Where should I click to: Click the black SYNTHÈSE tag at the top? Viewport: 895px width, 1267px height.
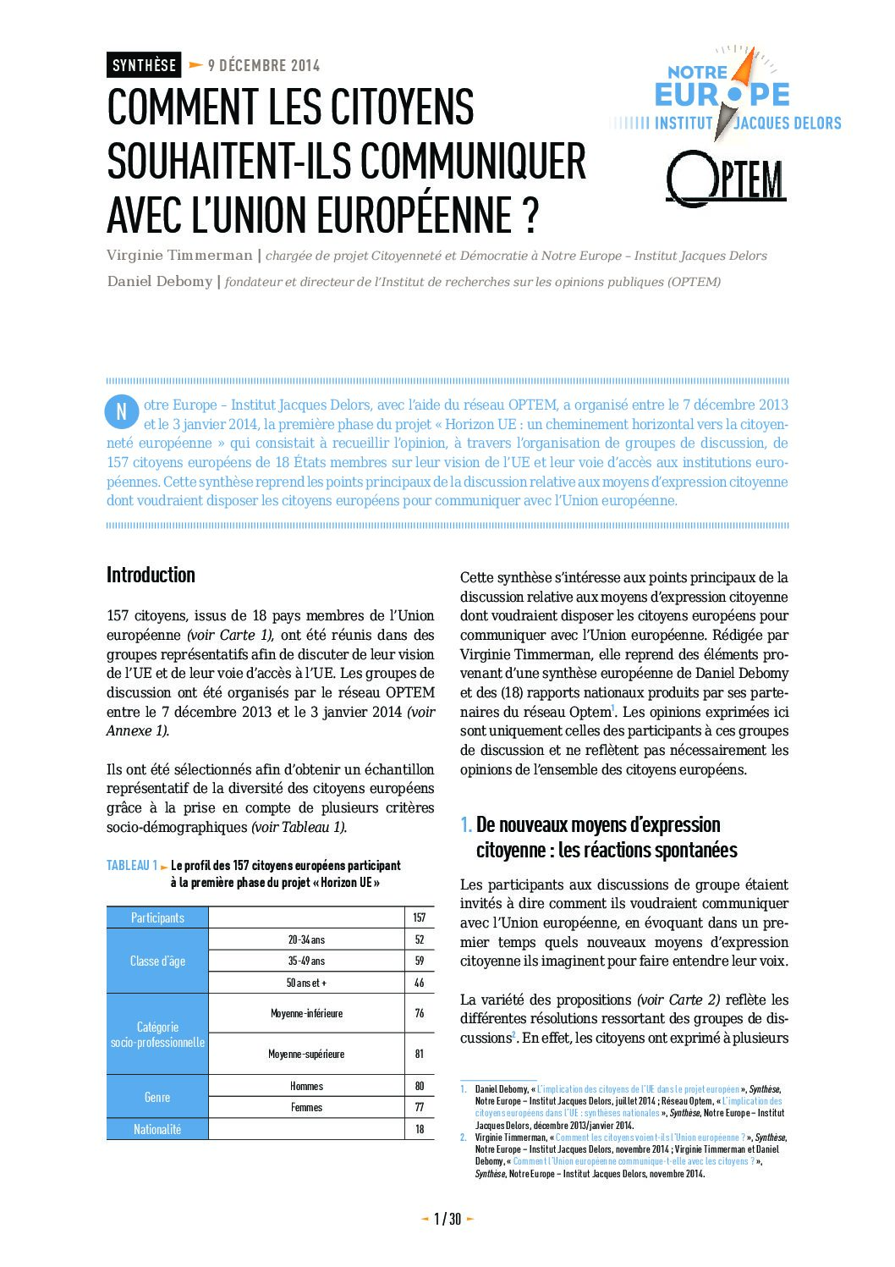pyautogui.click(x=144, y=65)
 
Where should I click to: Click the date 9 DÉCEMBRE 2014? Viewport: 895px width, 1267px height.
pyautogui.click(x=263, y=65)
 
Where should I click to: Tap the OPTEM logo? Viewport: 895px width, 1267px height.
pyautogui.click(x=727, y=179)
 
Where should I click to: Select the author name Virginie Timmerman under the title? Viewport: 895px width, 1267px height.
pyautogui.click(x=179, y=256)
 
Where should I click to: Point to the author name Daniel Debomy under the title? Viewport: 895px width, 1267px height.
pyautogui.click(x=159, y=281)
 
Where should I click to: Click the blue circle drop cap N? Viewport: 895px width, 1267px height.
pyautogui.click(x=121, y=412)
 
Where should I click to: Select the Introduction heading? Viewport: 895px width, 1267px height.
pyautogui.click(x=151, y=575)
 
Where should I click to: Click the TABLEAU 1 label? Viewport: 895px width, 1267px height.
pyautogui.click(x=132, y=865)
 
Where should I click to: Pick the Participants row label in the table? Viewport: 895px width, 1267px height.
pyautogui.click(x=157, y=917)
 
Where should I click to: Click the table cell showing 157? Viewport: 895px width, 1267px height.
pyautogui.click(x=419, y=917)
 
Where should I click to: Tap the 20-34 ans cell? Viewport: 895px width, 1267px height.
pyautogui.click(x=306, y=939)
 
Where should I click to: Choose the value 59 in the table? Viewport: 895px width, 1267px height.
pyautogui.click(x=419, y=961)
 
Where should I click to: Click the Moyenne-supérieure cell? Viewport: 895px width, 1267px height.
pyautogui.click(x=306, y=1054)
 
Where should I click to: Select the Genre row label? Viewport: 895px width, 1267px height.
pyautogui.click(x=157, y=1097)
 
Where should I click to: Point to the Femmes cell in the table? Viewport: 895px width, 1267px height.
pyautogui.click(x=306, y=1107)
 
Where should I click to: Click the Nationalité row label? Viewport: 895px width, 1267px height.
pyautogui.click(x=157, y=1129)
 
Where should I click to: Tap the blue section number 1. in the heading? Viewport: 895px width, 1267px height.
pyautogui.click(x=466, y=824)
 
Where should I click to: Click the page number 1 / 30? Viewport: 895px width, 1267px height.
pyautogui.click(x=447, y=1219)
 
